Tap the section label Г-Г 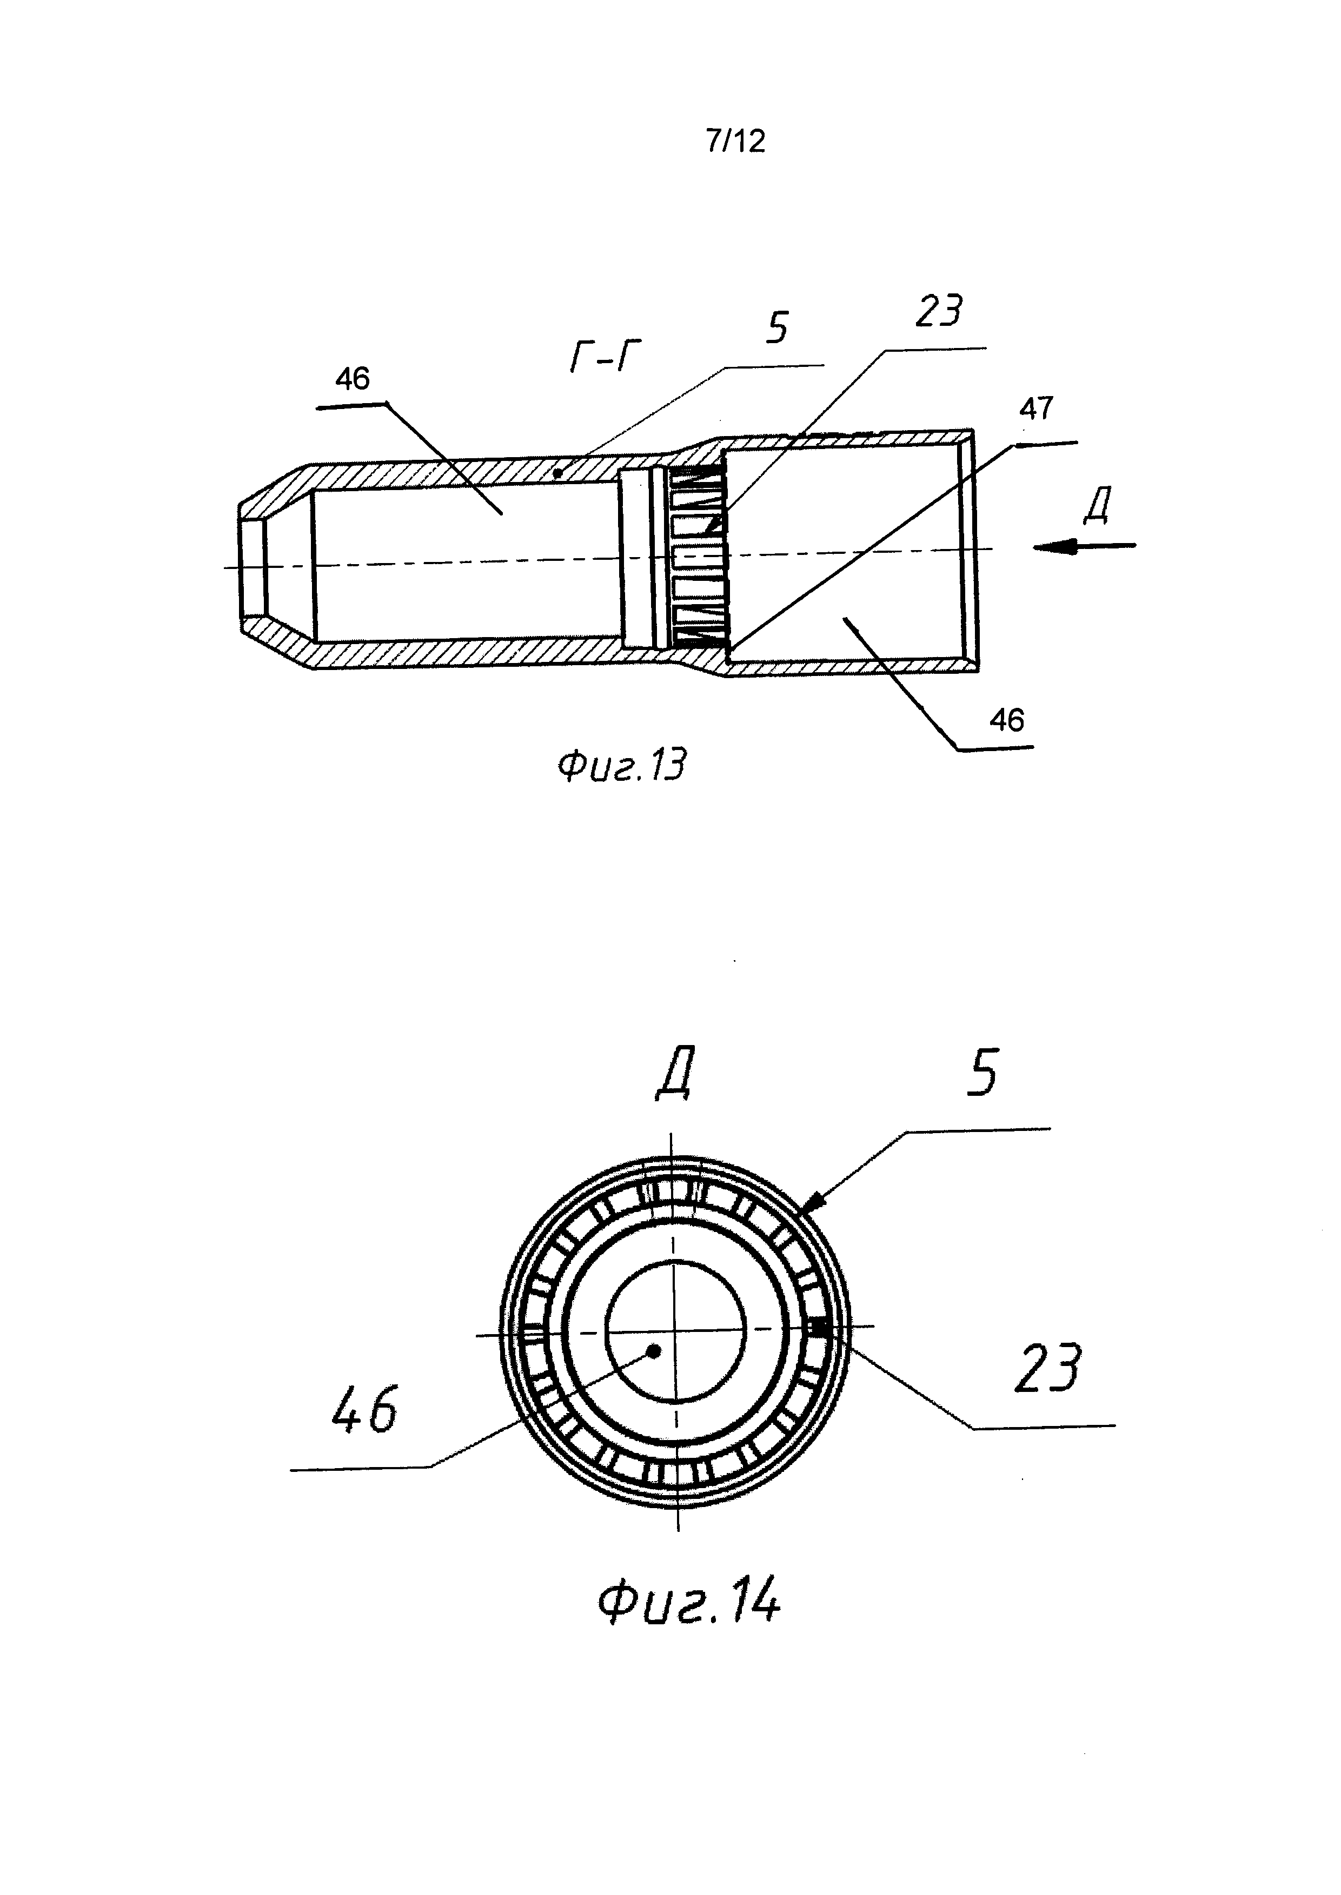pos(605,357)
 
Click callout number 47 pos(1037,408)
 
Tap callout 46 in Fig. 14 pos(364,1408)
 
